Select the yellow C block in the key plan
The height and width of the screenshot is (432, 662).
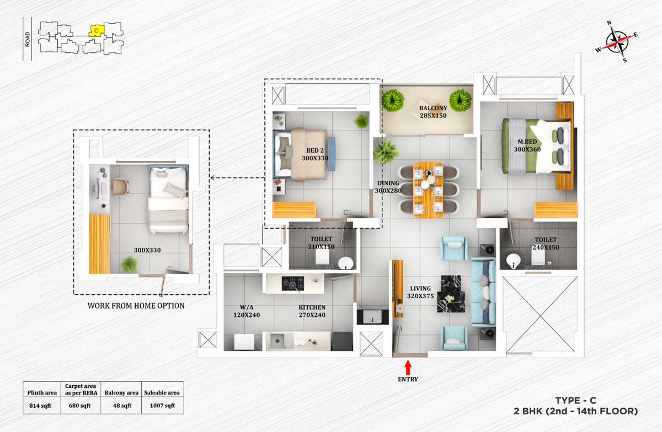96,31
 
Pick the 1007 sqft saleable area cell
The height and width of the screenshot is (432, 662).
163,406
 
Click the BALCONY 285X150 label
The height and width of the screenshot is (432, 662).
432,112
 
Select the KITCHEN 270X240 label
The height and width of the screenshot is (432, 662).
312,311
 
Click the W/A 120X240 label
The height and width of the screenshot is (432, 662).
245,311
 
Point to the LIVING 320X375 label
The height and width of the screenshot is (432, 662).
420,291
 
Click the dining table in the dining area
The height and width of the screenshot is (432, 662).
428,188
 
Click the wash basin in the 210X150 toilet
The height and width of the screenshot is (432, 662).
346,262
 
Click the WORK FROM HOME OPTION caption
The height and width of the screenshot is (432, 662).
136,305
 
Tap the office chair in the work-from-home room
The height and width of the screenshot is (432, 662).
119,187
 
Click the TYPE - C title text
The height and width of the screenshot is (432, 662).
577,401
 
